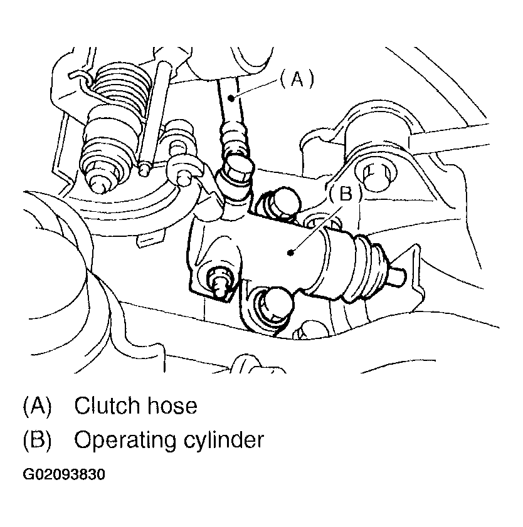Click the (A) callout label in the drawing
(x=297, y=80)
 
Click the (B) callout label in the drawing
(x=346, y=194)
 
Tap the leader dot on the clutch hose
(x=231, y=98)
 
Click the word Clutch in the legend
(x=107, y=405)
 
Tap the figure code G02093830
(x=64, y=474)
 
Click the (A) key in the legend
(x=37, y=405)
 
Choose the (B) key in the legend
(x=37, y=440)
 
